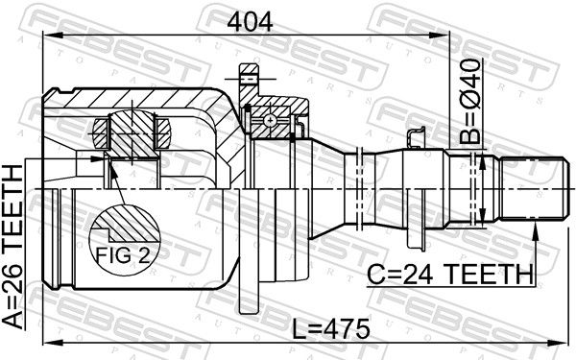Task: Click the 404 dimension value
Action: point(250,21)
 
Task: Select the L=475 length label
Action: point(331,328)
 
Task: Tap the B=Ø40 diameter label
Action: point(470,101)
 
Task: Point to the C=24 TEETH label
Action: point(450,275)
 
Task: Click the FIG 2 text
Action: point(123,255)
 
